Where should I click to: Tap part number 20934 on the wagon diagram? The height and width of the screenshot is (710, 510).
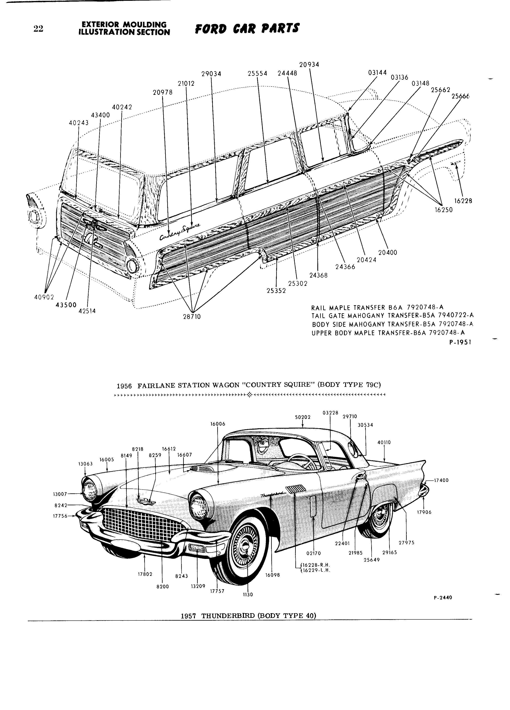pos(309,65)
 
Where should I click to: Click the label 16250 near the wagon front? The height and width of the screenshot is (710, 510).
pos(444,210)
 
